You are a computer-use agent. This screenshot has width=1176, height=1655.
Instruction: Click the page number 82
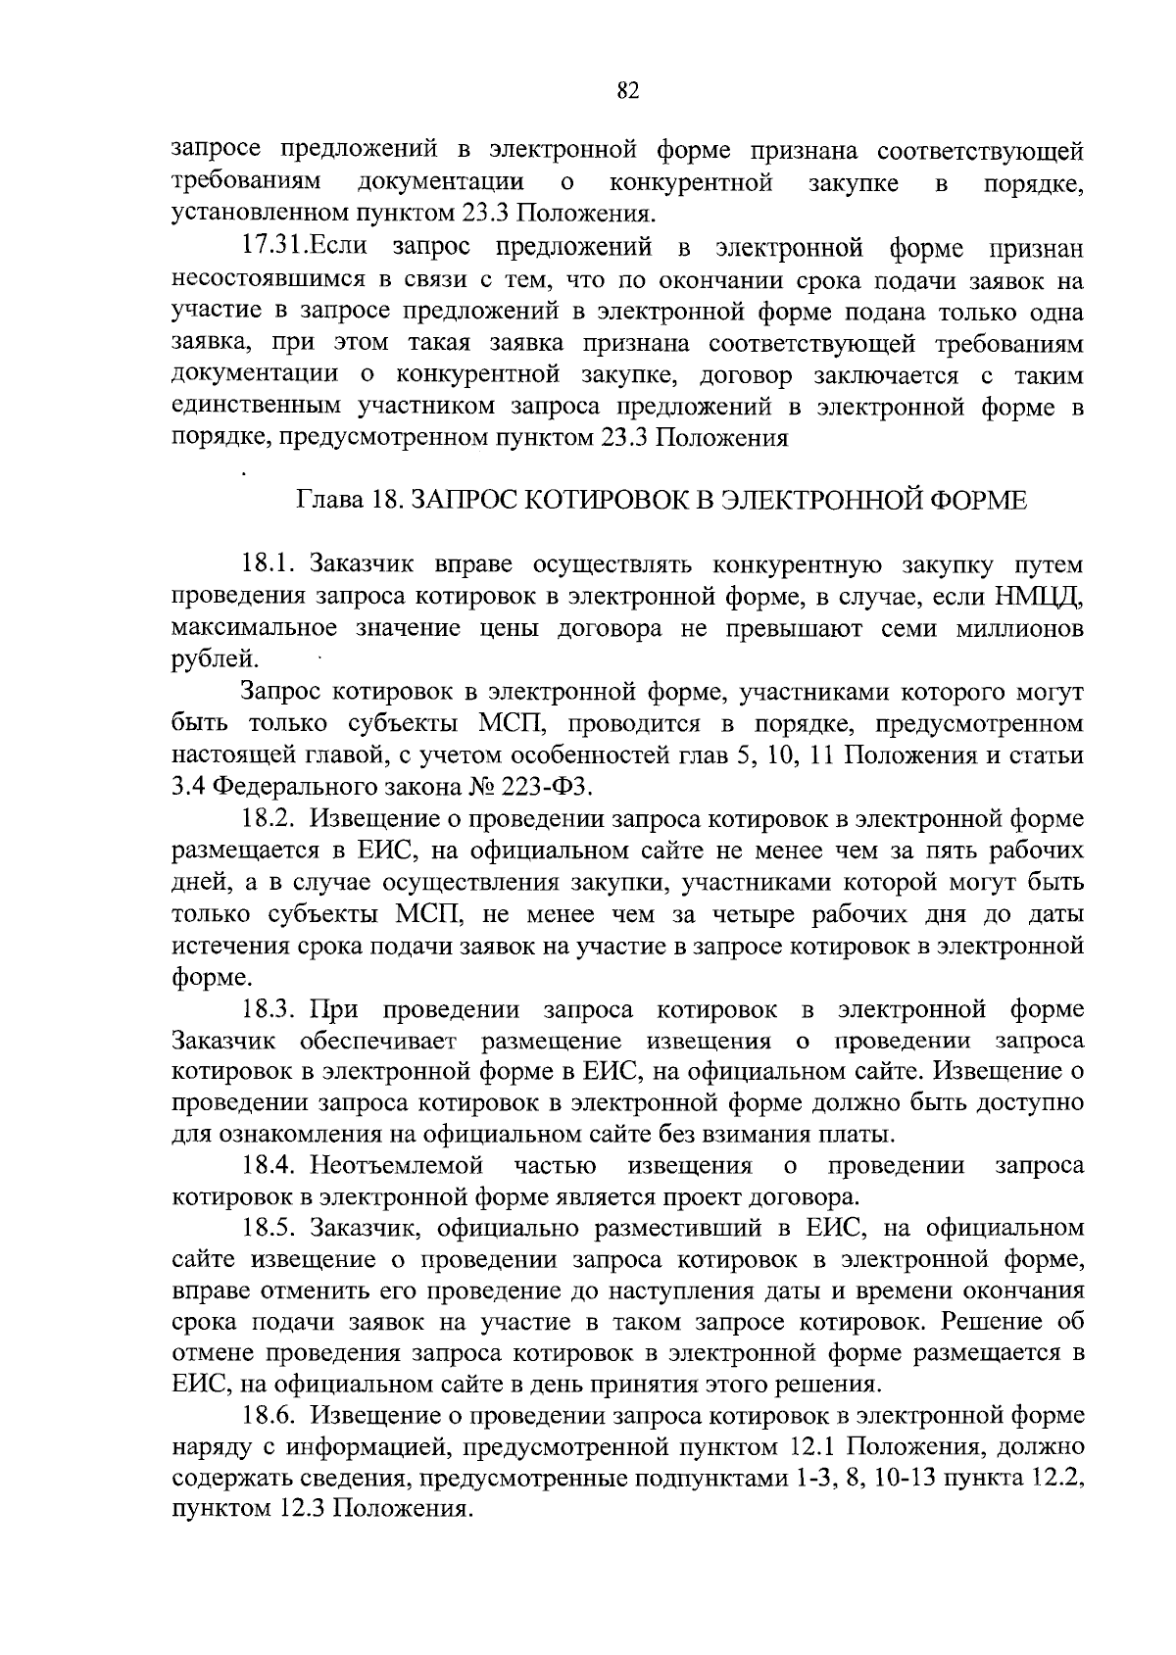(x=628, y=91)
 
